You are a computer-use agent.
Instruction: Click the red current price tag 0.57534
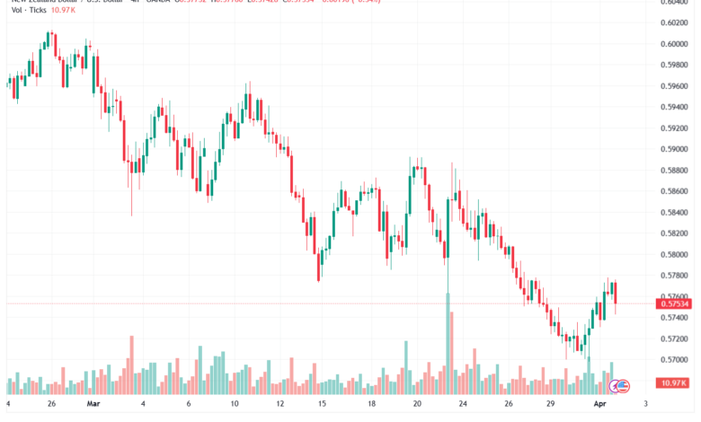673,303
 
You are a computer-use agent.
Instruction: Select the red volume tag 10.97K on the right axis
673,383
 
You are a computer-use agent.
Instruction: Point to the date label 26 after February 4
52,405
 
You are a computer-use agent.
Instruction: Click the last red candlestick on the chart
616,296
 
